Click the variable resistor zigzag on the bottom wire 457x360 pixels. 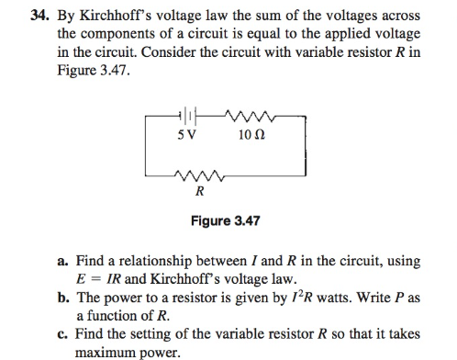point(199,174)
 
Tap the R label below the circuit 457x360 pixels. point(199,192)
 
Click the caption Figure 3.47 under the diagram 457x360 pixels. point(225,221)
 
